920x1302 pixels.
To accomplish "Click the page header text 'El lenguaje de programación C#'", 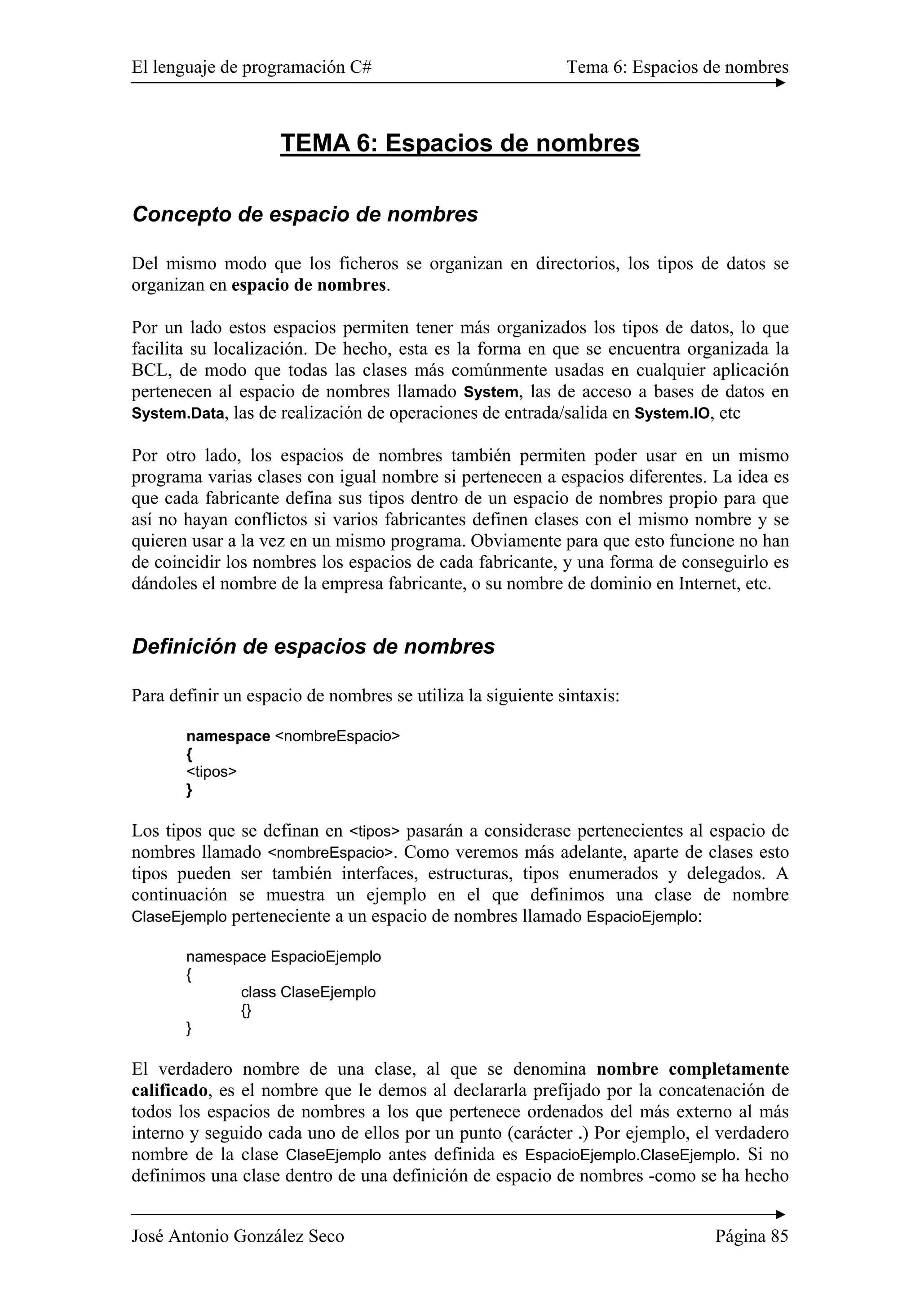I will (252, 67).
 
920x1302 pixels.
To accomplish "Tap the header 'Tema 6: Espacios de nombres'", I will (677, 67).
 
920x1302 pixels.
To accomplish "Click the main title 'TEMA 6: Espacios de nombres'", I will (460, 143).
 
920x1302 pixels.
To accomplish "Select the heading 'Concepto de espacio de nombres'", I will (305, 214).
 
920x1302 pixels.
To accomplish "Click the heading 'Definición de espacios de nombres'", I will (313, 647).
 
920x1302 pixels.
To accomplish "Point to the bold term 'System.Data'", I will (178, 413).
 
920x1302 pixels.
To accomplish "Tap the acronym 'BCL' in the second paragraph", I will (148, 371).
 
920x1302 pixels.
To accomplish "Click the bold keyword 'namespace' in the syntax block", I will (228, 736).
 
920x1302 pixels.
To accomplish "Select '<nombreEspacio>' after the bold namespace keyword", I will (337, 736).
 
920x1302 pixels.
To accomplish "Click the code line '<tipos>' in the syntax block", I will (212, 771).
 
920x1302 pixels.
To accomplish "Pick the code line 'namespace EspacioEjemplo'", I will (283, 957).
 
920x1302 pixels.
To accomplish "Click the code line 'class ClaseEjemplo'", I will (308, 992).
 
